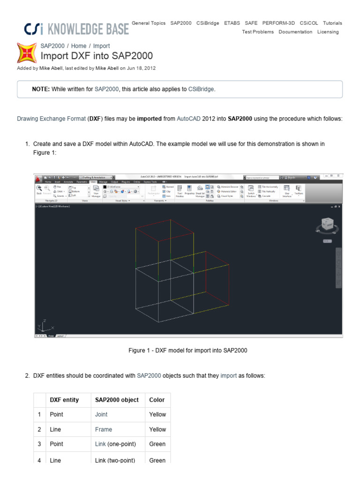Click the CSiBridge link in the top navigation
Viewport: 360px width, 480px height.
tap(207, 23)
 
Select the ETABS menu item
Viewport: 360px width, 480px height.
tap(232, 23)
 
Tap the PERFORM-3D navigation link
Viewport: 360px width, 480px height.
tap(278, 23)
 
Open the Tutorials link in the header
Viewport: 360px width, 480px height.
tap(332, 23)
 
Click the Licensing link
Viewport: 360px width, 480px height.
tap(328, 32)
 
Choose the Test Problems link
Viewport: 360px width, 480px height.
tap(258, 32)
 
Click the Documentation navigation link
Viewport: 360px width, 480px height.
tap(295, 32)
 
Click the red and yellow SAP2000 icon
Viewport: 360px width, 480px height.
tap(27, 52)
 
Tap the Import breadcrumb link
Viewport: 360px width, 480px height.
tap(101, 46)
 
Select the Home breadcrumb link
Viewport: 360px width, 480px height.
tap(79, 46)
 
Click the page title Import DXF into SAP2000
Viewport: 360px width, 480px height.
tap(97, 56)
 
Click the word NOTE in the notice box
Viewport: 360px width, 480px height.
tap(41, 89)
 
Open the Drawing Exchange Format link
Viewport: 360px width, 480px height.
tap(51, 119)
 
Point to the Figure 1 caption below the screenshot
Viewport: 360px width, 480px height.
tap(187, 351)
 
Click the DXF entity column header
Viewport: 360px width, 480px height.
tap(64, 400)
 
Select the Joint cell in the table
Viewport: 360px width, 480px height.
tap(101, 414)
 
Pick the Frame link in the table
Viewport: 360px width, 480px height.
tap(104, 429)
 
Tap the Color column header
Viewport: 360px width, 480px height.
tap(157, 400)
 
